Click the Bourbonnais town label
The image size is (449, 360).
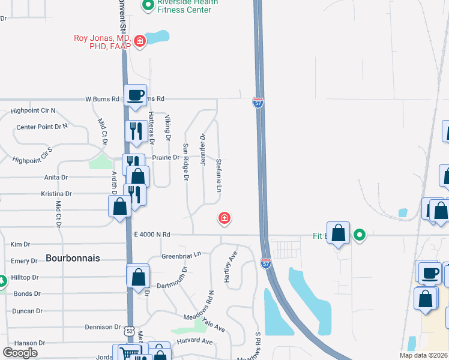pyautogui.click(x=73, y=257)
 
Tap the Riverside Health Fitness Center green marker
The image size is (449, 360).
pyautogui.click(x=148, y=5)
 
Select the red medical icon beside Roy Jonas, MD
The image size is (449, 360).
pyautogui.click(x=139, y=41)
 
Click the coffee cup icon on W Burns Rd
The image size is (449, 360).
pyautogui.click(x=135, y=94)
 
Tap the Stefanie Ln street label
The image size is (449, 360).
pyautogui.click(x=220, y=175)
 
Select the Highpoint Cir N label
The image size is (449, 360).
pyautogui.click(x=33, y=111)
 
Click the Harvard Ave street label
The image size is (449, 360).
pyautogui.click(x=194, y=341)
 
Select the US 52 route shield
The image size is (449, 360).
pyautogui.click(x=130, y=331)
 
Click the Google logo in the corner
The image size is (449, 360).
pyautogui.click(x=20, y=353)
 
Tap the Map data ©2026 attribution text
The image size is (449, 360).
pyautogui.click(x=423, y=355)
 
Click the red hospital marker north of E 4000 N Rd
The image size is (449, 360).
pyautogui.click(x=224, y=218)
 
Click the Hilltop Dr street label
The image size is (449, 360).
pyautogui.click(x=26, y=278)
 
